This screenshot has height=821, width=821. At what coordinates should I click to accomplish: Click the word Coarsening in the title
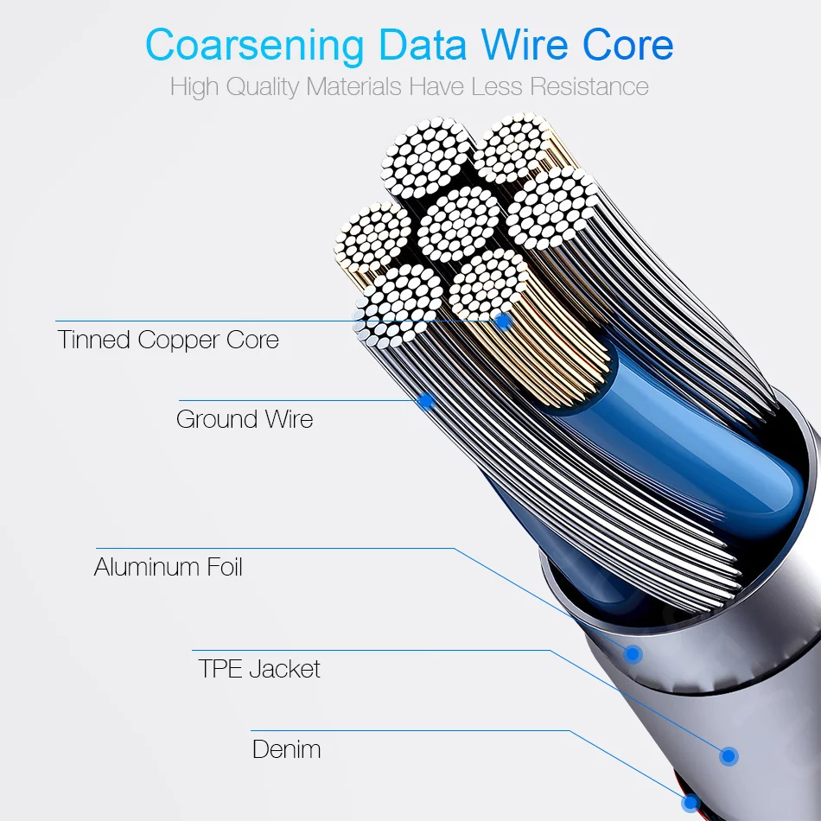click(x=254, y=46)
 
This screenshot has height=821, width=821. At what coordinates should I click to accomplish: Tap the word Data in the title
click(x=422, y=44)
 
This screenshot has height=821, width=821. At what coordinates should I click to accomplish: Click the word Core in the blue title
click(x=627, y=44)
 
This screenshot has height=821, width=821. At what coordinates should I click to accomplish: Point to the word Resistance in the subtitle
click(x=589, y=86)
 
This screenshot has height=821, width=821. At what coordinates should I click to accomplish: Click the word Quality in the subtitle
click(x=263, y=87)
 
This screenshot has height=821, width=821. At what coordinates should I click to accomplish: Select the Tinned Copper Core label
click(x=168, y=340)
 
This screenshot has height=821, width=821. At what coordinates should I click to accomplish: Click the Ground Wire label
click(x=245, y=419)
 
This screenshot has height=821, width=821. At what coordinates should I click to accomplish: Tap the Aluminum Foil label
click(x=168, y=567)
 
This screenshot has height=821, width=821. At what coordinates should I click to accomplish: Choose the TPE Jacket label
click(x=259, y=669)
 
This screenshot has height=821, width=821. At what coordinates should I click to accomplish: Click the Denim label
click(x=286, y=749)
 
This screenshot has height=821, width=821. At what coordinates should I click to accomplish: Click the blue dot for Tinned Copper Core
click(x=503, y=321)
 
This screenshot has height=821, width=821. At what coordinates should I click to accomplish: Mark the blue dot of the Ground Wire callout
click(x=427, y=401)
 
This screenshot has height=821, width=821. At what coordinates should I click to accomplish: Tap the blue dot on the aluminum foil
click(x=633, y=653)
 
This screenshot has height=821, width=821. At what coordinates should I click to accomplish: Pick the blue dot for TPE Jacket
click(x=729, y=755)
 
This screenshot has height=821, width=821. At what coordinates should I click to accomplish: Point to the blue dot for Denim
click(x=691, y=802)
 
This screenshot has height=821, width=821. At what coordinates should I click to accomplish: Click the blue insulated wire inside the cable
click(x=697, y=450)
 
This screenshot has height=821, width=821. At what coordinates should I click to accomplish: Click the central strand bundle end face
click(x=458, y=225)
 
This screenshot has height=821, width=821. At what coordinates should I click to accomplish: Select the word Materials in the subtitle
click(x=353, y=86)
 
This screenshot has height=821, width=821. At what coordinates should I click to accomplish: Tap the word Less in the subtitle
click(x=496, y=86)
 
